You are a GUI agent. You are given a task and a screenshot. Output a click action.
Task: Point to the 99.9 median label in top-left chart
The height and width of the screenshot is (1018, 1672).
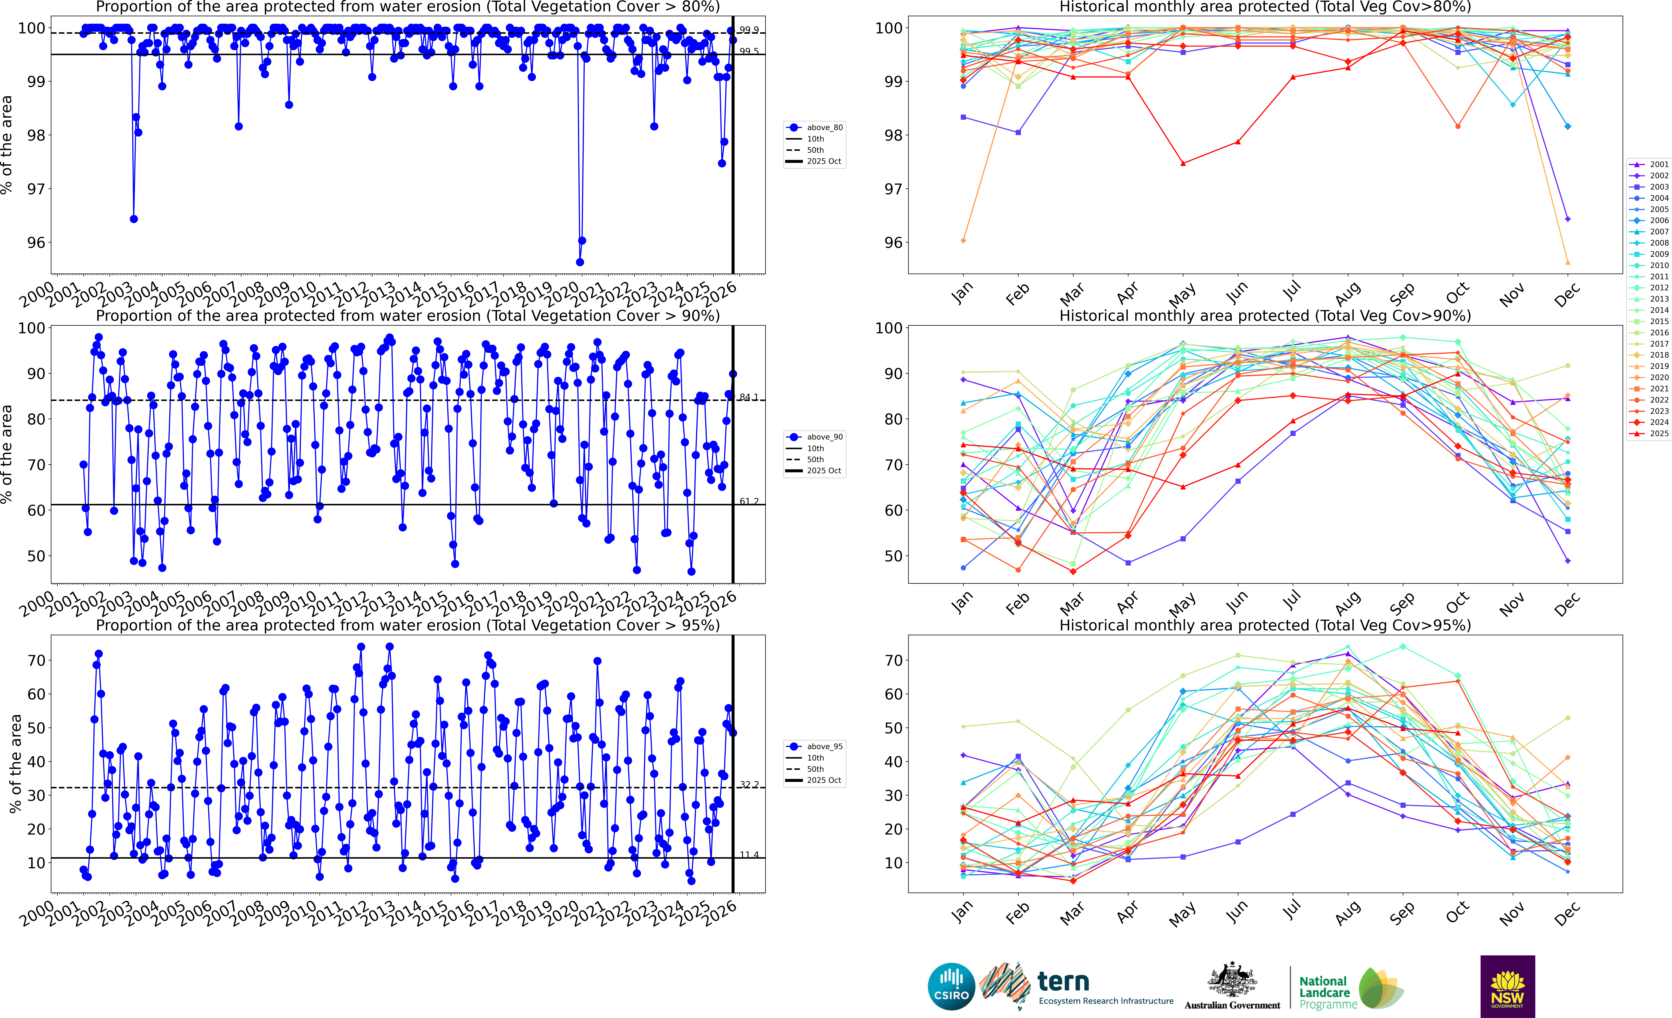coord(749,30)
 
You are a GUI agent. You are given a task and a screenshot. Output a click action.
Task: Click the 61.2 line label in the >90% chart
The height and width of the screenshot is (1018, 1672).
coord(749,502)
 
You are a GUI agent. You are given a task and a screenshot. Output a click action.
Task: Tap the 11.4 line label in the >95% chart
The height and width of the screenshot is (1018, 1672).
coord(749,854)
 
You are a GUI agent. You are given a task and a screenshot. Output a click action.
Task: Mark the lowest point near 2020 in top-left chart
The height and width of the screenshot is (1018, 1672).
coord(580,262)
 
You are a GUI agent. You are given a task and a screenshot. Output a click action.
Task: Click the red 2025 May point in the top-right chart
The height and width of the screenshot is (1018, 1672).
coord(1183,164)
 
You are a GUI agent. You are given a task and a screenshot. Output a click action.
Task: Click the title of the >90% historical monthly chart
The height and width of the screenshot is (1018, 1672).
coord(1265,316)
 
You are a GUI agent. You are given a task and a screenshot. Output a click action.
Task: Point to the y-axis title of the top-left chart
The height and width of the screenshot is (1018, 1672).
coord(7,145)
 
